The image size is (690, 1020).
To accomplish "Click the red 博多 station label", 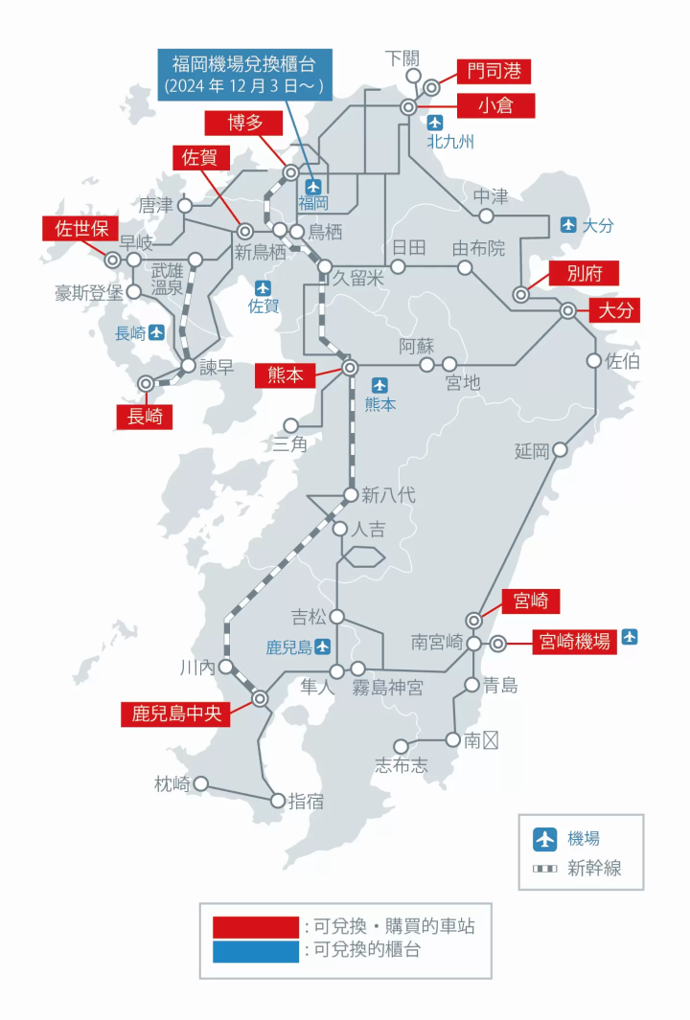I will pos(243,123).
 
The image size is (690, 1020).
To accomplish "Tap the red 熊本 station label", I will pos(286,374).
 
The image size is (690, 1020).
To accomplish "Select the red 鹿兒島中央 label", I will pos(175,714).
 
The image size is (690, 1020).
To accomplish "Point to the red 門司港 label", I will pos(493,71).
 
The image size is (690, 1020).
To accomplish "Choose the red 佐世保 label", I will pos(80,229).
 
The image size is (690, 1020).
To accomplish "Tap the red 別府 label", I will pos(579,273).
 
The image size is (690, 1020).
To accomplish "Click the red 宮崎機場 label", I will pos(573,642).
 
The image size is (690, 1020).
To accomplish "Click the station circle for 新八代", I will pos(351,495).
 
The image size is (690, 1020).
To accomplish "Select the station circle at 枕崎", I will pos(201,783).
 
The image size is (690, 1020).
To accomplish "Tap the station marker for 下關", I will pos(413,76).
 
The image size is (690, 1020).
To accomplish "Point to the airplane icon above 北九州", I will pos(436,122).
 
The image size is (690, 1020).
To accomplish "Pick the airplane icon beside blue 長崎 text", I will pos(157,332).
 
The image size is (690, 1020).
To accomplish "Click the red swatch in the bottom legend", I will pos(256,926).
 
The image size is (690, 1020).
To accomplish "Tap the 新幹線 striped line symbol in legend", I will pos(545,869).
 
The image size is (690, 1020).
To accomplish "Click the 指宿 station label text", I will pos(306,802).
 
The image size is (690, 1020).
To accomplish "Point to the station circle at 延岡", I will pos(561,449).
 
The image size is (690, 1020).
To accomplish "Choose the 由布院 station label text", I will pos(478,249).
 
